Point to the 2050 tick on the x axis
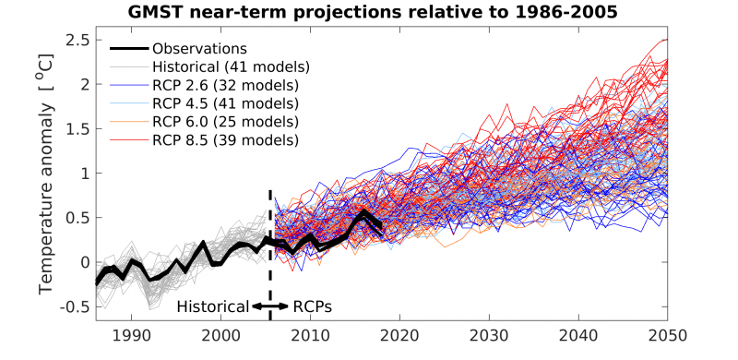pyautogui.click(x=668, y=336)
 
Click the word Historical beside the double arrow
pyautogui.click(x=212, y=306)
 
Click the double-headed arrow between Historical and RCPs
pyautogui.click(x=270, y=306)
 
